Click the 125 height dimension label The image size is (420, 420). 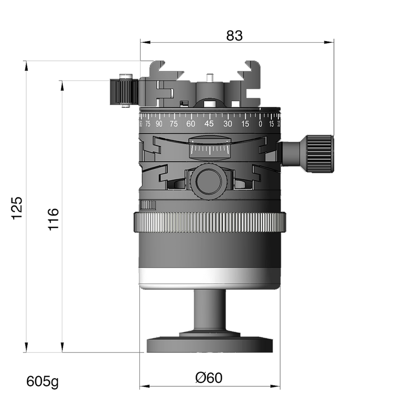[17, 207]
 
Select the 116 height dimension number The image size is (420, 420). [53, 219]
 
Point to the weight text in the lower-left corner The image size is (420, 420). [42, 382]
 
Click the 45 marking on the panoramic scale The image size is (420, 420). [209, 123]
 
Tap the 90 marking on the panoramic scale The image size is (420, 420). [159, 123]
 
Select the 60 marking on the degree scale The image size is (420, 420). [190, 123]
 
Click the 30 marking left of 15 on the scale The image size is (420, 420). [228, 123]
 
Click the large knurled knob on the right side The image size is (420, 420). [320, 153]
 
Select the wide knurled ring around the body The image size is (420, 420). [210, 222]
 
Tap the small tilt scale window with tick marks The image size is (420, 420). [208, 149]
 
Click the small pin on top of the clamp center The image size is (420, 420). [208, 78]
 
